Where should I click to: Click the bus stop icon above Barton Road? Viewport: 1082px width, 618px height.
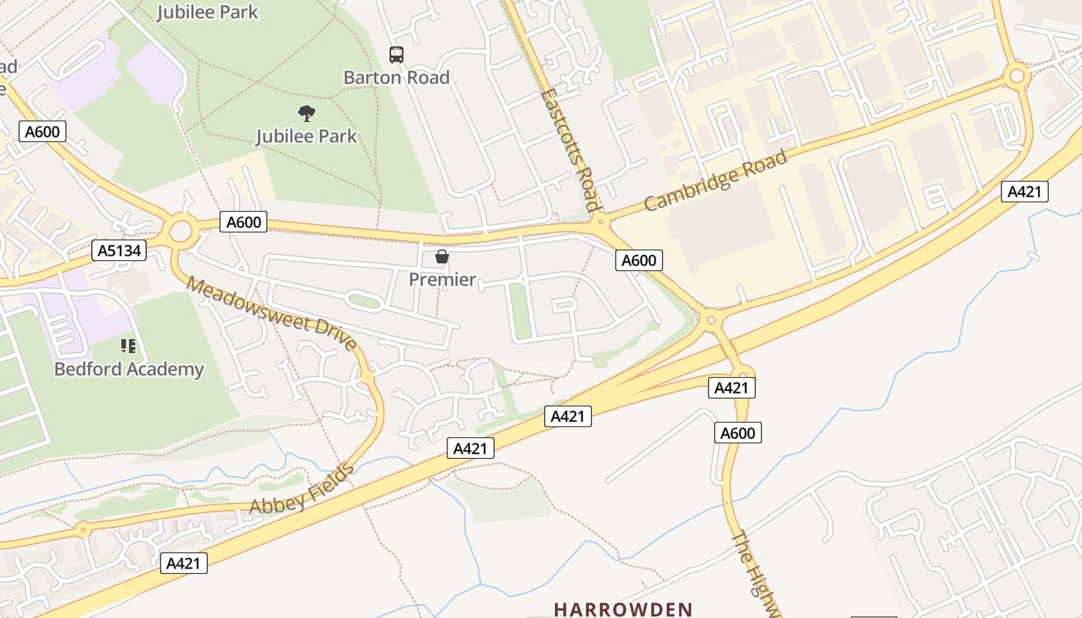click(396, 55)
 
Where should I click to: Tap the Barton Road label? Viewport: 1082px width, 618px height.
click(396, 77)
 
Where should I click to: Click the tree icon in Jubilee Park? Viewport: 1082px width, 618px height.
click(307, 114)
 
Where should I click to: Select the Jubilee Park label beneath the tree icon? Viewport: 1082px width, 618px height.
click(307, 137)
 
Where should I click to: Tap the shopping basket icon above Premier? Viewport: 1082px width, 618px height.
click(442, 256)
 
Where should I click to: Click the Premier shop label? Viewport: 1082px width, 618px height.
click(442, 279)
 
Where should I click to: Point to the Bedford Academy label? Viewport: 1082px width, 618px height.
click(129, 369)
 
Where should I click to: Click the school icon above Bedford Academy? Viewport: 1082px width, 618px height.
click(128, 346)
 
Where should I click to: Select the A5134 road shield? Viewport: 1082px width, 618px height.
click(119, 250)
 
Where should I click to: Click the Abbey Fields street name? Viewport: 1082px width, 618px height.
click(302, 490)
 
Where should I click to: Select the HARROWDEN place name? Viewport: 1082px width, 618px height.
click(623, 610)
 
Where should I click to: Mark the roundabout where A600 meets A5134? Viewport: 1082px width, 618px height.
click(181, 229)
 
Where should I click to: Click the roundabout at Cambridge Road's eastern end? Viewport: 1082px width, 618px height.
click(1017, 76)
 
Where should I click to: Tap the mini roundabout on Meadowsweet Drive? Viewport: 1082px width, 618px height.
click(368, 376)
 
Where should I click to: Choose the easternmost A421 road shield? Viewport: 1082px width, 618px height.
click(1025, 192)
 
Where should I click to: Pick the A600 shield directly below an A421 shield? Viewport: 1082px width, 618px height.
click(737, 433)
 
